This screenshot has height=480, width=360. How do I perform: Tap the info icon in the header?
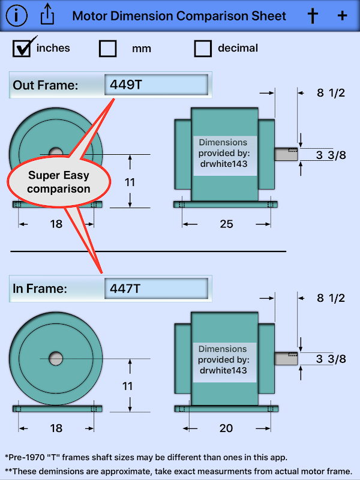coord(16,15)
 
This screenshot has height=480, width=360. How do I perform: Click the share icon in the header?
coord(47,15)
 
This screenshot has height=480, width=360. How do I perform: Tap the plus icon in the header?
coord(342,16)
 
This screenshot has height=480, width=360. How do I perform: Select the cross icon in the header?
coord(312,16)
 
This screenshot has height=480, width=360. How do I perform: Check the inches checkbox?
coord(22,47)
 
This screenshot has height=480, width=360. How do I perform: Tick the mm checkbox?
coord(108,48)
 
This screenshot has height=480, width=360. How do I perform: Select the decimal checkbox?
coord(203,48)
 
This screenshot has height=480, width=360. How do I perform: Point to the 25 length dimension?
coord(226,224)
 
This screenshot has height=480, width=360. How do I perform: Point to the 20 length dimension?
coord(226,428)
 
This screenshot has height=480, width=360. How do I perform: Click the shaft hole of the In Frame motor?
coord(56,358)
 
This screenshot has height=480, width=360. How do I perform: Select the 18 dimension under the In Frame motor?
coord(56,428)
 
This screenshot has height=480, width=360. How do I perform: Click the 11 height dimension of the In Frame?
coord(128,386)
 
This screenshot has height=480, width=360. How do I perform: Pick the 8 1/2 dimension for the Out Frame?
coord(331,92)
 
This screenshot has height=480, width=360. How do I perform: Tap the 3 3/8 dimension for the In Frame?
coord(331,359)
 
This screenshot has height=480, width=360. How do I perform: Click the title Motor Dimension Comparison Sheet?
coord(179,16)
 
